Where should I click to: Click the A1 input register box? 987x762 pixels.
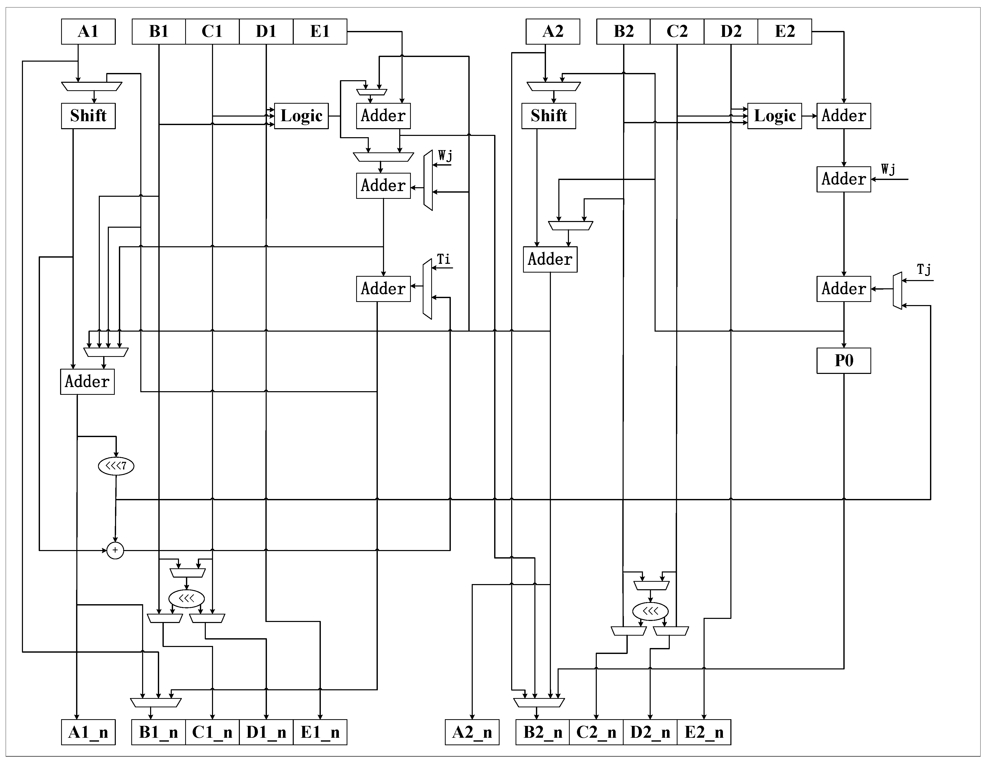tap(88, 32)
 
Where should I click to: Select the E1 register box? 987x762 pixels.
tap(320, 32)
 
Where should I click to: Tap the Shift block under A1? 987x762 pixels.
tap(88, 116)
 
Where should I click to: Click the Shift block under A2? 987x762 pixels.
tap(549, 116)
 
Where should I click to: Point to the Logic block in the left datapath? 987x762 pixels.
tap(301, 116)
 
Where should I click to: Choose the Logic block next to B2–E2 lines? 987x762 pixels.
tap(774, 116)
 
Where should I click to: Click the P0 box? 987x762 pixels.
tap(843, 361)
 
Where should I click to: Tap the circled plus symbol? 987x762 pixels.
tap(115, 550)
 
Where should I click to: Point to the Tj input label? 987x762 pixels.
tap(924, 270)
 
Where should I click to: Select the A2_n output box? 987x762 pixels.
tap(472, 732)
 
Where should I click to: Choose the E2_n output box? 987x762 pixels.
tap(704, 732)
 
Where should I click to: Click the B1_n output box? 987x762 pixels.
tap(158, 732)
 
